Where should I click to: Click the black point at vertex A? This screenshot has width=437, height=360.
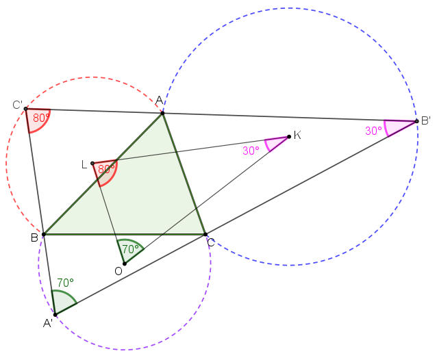163,113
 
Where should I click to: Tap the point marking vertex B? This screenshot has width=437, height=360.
43,235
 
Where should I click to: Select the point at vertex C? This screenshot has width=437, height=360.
205,235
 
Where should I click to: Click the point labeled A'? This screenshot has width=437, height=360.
55,315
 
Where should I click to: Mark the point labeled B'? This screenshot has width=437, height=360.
416,121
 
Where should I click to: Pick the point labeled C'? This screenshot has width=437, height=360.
25,109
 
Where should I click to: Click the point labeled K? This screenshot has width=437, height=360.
289,136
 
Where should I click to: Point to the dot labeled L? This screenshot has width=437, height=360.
92,164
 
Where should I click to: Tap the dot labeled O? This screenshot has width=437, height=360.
125,263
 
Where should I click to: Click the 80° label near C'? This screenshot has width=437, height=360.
41,118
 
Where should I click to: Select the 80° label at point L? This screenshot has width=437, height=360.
106,169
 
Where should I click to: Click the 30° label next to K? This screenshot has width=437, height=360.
251,151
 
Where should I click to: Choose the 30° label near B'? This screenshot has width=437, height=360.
373,131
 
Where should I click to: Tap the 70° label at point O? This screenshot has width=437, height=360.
130,248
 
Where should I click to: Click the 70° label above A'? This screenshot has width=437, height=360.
66,283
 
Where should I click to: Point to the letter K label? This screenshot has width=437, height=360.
297,136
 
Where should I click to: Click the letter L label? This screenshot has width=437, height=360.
84,165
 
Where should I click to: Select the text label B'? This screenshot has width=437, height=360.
426,121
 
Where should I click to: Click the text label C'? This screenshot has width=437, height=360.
17,105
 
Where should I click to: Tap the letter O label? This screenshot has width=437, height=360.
118,271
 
